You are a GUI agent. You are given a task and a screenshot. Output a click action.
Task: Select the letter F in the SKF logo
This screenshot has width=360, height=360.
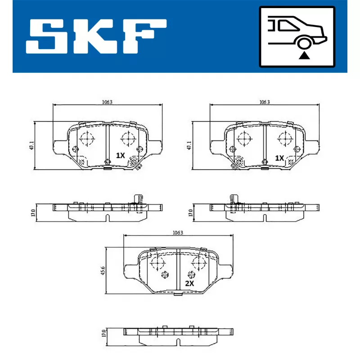click(x=144, y=36)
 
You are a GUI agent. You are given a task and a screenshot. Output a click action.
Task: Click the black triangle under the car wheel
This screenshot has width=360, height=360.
click(x=304, y=55)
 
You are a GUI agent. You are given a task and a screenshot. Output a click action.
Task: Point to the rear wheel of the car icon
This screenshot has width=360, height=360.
click(x=304, y=43)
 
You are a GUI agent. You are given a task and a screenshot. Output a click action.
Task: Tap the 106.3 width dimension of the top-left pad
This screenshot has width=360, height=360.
click(x=107, y=102)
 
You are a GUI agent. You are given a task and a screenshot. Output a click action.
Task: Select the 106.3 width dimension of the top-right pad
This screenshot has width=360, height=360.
click(x=265, y=102)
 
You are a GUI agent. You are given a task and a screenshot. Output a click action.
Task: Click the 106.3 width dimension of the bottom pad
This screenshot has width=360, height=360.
click(x=178, y=233)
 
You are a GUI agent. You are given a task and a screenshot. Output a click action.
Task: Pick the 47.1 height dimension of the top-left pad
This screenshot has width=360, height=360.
click(x=31, y=145)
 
